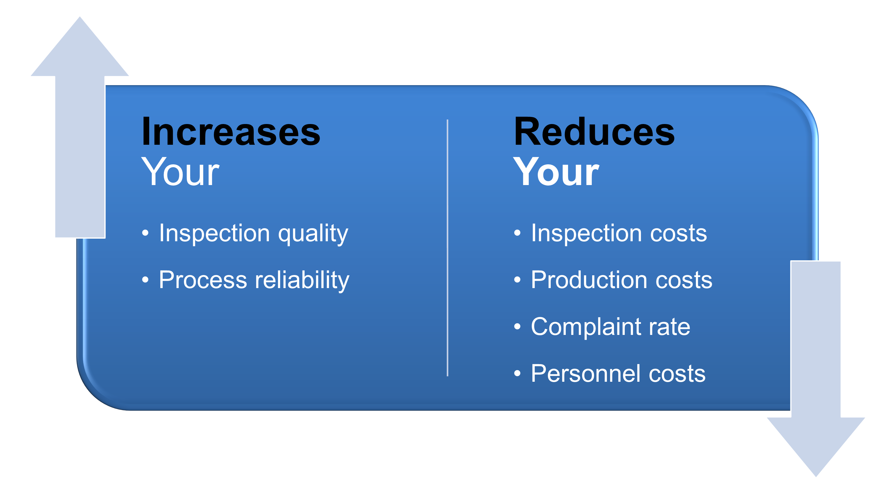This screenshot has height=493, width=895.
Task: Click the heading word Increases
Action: (x=231, y=132)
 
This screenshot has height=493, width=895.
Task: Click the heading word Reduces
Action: (x=594, y=132)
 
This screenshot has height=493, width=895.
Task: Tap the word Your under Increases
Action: (x=180, y=172)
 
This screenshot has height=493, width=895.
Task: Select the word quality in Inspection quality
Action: (x=313, y=234)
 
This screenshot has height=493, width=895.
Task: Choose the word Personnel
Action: (x=585, y=374)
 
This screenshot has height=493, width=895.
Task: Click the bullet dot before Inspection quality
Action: (x=145, y=233)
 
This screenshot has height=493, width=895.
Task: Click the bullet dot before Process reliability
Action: (x=145, y=280)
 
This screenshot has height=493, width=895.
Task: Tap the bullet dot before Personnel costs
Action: (x=517, y=374)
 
